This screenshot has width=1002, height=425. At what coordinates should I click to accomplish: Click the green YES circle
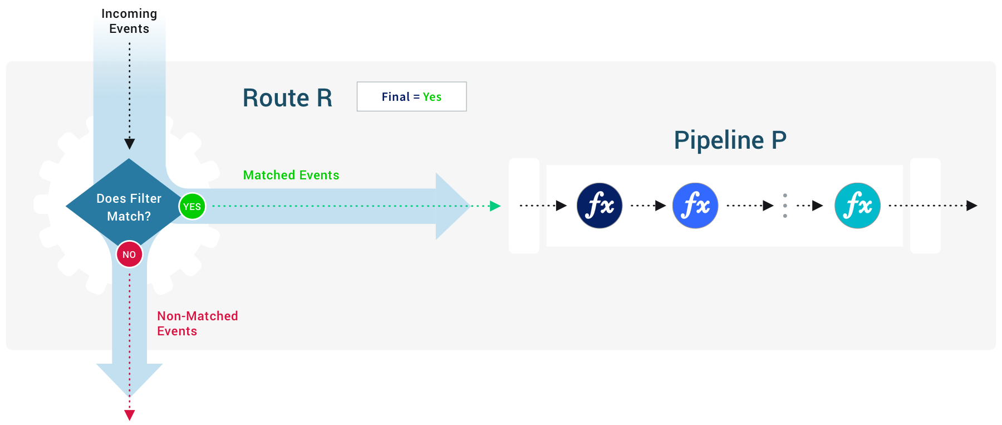[192, 206]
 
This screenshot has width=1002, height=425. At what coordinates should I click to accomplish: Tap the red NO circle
[129, 255]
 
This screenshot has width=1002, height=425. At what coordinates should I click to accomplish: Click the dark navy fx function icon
[600, 206]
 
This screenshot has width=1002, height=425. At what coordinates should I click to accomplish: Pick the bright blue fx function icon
[695, 206]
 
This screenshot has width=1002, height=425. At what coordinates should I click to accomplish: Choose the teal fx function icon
[857, 206]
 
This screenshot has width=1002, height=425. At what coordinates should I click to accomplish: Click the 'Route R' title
[287, 98]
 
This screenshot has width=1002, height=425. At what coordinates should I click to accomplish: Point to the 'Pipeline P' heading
[730, 140]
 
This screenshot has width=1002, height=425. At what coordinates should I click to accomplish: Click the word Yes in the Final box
[432, 97]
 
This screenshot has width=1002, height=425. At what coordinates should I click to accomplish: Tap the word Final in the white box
[395, 97]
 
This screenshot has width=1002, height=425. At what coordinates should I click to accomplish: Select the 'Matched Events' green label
[291, 175]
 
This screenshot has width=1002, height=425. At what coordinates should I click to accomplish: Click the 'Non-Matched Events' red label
[197, 323]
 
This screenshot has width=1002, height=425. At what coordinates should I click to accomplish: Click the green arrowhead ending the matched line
[494, 206]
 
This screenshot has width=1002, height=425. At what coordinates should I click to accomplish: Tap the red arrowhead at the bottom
[130, 415]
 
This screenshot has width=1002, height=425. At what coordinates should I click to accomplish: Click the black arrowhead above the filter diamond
[130, 144]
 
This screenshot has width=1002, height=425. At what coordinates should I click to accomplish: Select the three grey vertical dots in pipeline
[785, 206]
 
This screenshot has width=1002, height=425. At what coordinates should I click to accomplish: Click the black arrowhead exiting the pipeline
[971, 206]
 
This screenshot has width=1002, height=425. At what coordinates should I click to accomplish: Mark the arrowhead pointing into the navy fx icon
[561, 206]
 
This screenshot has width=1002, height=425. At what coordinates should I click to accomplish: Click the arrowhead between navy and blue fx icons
[660, 206]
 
